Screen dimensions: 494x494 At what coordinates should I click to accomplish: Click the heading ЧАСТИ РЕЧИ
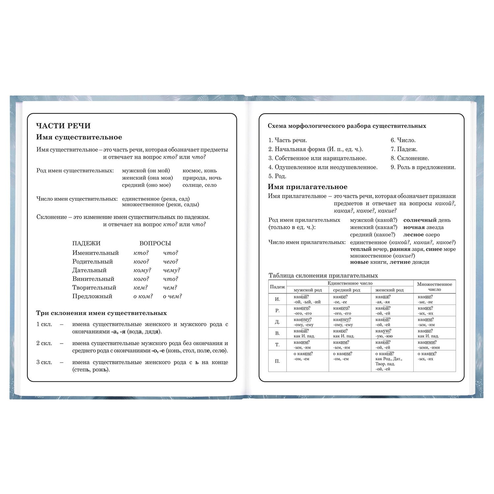pyautogui.click(x=63, y=126)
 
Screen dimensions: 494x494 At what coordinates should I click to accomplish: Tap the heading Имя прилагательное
pyautogui.click(x=307, y=187)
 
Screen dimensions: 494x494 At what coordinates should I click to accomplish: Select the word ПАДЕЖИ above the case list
pyautogui.click(x=86, y=243)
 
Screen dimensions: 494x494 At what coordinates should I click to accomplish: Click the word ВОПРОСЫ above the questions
pyautogui.click(x=155, y=243)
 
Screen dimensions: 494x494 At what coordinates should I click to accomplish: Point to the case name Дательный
pyautogui.click(x=89, y=270)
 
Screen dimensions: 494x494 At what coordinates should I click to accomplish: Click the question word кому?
pyautogui.click(x=142, y=270)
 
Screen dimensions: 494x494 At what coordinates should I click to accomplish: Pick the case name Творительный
pyautogui.click(x=94, y=288)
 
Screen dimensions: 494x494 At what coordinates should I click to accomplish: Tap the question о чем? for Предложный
pyautogui.click(x=172, y=296)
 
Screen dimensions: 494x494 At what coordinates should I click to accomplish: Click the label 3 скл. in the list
pyautogui.click(x=44, y=362)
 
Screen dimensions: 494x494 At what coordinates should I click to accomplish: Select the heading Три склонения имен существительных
pyautogui.click(x=101, y=313)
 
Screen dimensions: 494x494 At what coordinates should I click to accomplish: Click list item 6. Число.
pyautogui.click(x=403, y=140)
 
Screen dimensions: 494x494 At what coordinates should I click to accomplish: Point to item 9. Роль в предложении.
pyautogui.click(x=423, y=167)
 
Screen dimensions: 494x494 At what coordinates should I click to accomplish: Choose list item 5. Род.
pyautogui.click(x=277, y=176)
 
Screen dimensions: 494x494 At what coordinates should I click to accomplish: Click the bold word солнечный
pyautogui.click(x=420, y=220)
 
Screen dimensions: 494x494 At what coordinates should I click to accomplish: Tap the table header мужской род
pyautogui.click(x=307, y=290)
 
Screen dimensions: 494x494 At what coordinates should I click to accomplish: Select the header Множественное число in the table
pyautogui.click(x=434, y=287)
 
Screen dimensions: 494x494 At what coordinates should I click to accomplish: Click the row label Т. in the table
pyautogui.click(x=277, y=344)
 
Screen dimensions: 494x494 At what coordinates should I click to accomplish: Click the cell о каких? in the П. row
pyautogui.click(x=427, y=354)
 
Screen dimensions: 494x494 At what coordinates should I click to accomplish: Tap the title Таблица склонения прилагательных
pyautogui.click(x=323, y=275)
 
